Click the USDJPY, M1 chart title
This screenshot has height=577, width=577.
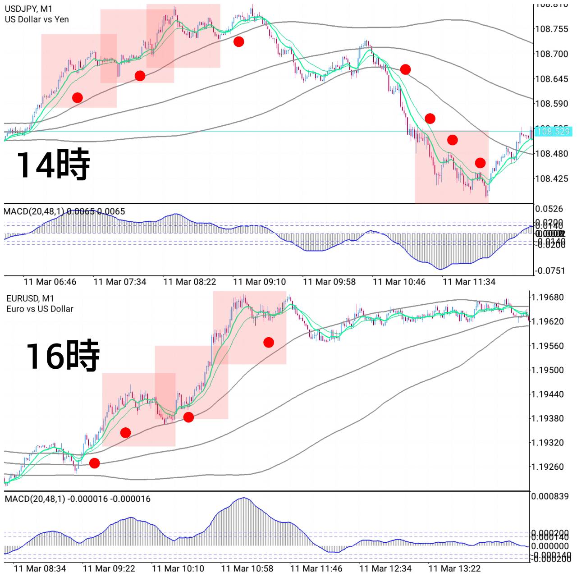(28, 9)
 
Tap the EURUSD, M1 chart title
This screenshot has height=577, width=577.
(30, 298)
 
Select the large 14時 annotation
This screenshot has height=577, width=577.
(53, 165)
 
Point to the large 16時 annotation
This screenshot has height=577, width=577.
(62, 356)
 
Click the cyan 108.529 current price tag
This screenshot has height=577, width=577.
(554, 132)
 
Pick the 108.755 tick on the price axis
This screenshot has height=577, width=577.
(551, 29)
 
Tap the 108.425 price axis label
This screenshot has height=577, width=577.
(551, 179)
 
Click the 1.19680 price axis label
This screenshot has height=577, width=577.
(547, 298)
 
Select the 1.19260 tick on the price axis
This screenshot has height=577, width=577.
(547, 467)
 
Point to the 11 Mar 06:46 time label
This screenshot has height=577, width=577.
(50, 282)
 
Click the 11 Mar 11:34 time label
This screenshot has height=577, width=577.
(469, 282)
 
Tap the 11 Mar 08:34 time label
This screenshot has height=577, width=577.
(40, 568)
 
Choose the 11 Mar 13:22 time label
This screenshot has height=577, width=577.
(454, 568)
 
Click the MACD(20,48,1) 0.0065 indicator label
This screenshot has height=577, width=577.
(64, 211)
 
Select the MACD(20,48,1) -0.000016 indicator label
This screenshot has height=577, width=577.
(78, 499)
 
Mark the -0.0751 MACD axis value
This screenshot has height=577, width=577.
(549, 271)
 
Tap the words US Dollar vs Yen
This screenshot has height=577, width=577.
(37, 19)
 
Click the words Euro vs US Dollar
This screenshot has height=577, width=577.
(40, 309)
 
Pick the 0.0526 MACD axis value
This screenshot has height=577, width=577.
(549, 209)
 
